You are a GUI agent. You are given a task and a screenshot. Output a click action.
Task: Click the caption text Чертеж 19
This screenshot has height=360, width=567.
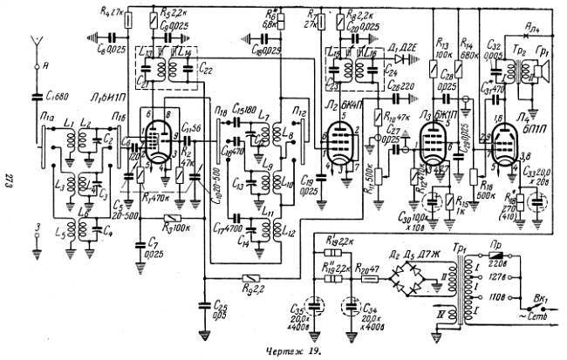pyautogui.click(x=284, y=351)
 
